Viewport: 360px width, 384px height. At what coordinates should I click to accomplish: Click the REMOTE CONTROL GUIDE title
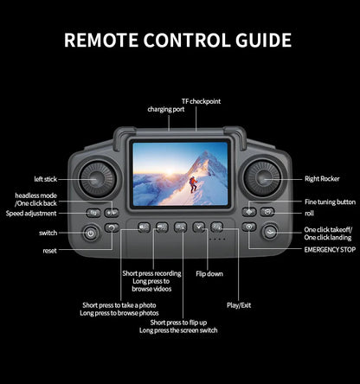pos(178,41)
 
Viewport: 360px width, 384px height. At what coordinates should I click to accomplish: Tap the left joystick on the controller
pos(96,178)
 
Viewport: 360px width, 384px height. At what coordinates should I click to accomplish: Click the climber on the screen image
pos(194,184)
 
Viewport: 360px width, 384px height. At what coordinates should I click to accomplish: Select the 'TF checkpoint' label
pos(201,101)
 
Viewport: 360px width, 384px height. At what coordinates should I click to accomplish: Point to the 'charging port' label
pos(165,110)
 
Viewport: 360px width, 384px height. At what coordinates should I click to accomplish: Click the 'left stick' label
pos(46,179)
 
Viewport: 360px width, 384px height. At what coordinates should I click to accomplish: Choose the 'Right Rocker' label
pos(322,179)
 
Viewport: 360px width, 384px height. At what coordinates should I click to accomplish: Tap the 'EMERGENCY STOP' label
pos(330,249)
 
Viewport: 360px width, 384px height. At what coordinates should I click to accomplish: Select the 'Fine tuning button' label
pos(330,202)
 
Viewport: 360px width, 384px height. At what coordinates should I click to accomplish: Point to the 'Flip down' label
pos(209,273)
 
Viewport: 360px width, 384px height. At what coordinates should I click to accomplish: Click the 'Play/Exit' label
pos(239,305)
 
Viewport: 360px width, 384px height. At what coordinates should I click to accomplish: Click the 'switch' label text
pos(48,233)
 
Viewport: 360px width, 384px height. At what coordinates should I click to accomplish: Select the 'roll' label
pos(309,213)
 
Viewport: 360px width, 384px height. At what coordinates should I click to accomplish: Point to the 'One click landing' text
pos(328,237)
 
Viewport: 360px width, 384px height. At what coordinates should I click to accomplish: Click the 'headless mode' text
pos(35,196)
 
